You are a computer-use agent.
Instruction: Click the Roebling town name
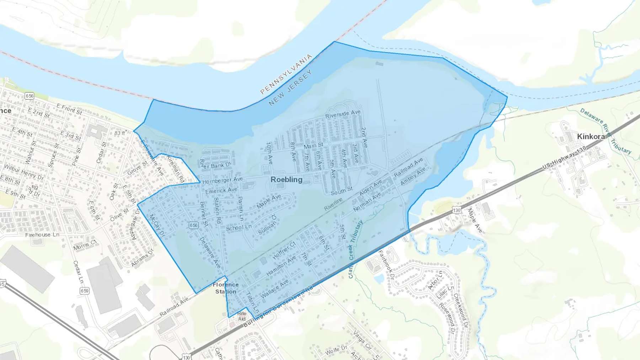click(x=287, y=179)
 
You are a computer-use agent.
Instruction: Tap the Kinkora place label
click(x=591, y=136)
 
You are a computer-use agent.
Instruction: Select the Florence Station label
click(x=225, y=288)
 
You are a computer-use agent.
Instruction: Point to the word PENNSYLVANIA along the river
click(x=286, y=74)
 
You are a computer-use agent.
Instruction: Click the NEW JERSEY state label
click(x=290, y=87)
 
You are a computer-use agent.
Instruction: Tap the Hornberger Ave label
click(x=222, y=181)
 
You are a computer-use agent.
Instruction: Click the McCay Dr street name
click(x=157, y=226)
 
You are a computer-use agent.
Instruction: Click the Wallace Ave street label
click(x=274, y=289)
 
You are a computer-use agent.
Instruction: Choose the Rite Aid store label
click(x=242, y=316)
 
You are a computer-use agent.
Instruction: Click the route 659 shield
click(x=85, y=291)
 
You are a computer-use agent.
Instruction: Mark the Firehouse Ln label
click(x=42, y=235)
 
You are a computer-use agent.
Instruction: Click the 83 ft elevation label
click(x=119, y=133)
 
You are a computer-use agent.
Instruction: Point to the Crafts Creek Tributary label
click(x=355, y=249)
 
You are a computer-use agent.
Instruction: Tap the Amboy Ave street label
click(x=413, y=177)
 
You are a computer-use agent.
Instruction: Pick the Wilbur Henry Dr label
click(x=24, y=172)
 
